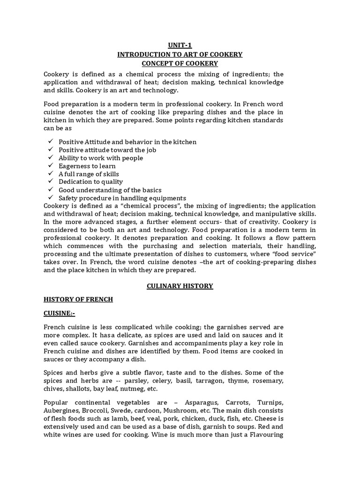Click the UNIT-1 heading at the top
point(180,45)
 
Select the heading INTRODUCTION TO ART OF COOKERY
point(180,54)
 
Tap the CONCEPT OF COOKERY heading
point(180,63)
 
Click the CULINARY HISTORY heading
point(180,286)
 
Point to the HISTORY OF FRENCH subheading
point(78,299)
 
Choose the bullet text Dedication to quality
point(90,182)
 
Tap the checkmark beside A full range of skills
point(51,174)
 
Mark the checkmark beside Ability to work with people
point(51,158)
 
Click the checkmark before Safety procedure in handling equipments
point(51,198)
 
